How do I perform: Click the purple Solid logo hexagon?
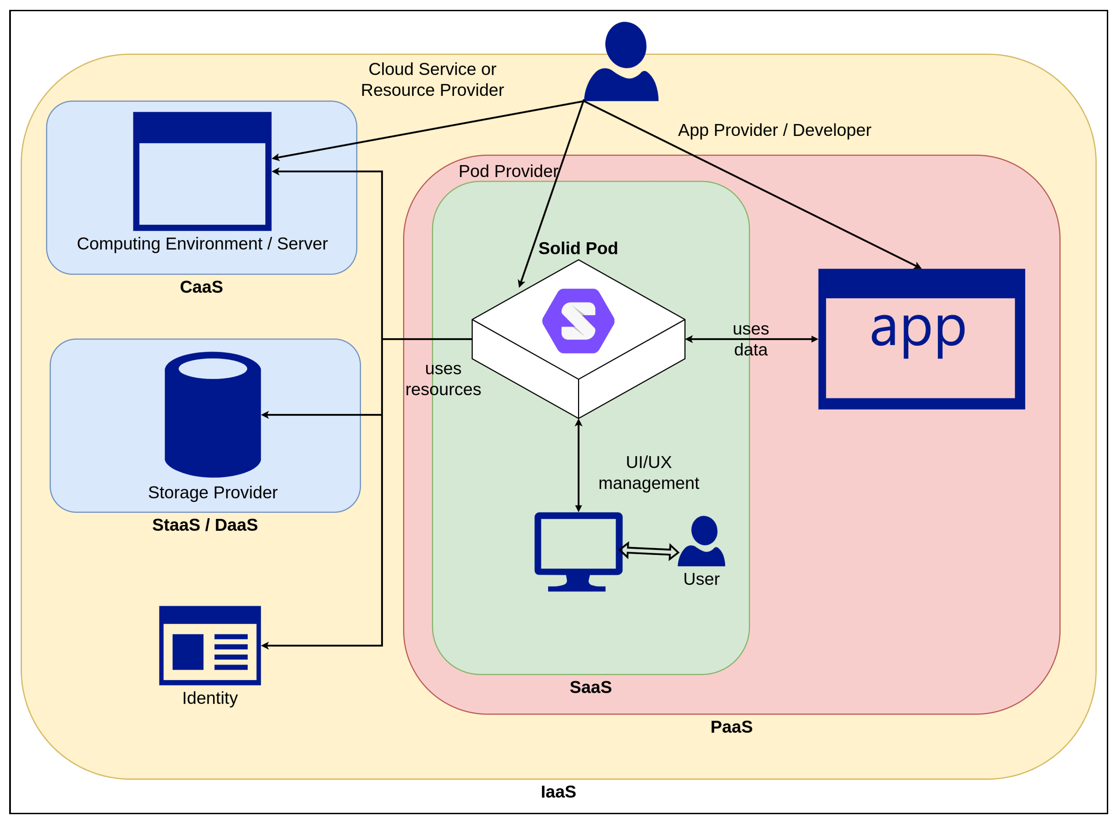[578, 321]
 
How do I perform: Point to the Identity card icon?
[210, 645]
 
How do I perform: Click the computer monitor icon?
[578, 552]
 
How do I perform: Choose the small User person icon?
[701, 541]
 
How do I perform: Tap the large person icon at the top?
[622, 61]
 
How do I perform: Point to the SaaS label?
[591, 687]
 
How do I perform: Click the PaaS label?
[731, 727]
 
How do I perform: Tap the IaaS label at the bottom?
[558, 792]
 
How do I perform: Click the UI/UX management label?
[649, 472]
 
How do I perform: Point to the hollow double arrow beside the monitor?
[649, 551]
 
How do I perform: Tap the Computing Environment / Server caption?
[202, 243]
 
